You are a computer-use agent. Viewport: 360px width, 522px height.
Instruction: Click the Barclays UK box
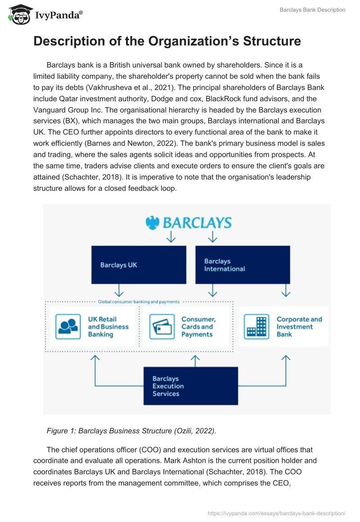point(139,265)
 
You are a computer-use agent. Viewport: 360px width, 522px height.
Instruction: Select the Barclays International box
point(243,265)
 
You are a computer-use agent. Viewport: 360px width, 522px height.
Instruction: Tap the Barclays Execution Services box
point(190,386)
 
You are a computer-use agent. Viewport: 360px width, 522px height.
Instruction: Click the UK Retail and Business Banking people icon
point(68,327)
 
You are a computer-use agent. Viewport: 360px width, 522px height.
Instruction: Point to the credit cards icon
point(162,327)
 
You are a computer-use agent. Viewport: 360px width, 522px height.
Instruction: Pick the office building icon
point(256,327)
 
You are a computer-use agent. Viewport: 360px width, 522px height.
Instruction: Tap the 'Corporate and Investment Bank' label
point(299,327)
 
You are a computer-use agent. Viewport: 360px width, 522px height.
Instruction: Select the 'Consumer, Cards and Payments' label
point(198,327)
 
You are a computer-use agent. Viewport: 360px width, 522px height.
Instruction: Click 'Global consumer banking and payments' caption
point(139,301)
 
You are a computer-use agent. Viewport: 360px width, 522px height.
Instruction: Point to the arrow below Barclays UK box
point(119,289)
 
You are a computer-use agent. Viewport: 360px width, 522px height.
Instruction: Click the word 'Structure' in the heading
point(272,41)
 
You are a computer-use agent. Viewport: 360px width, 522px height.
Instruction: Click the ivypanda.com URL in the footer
point(276,513)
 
